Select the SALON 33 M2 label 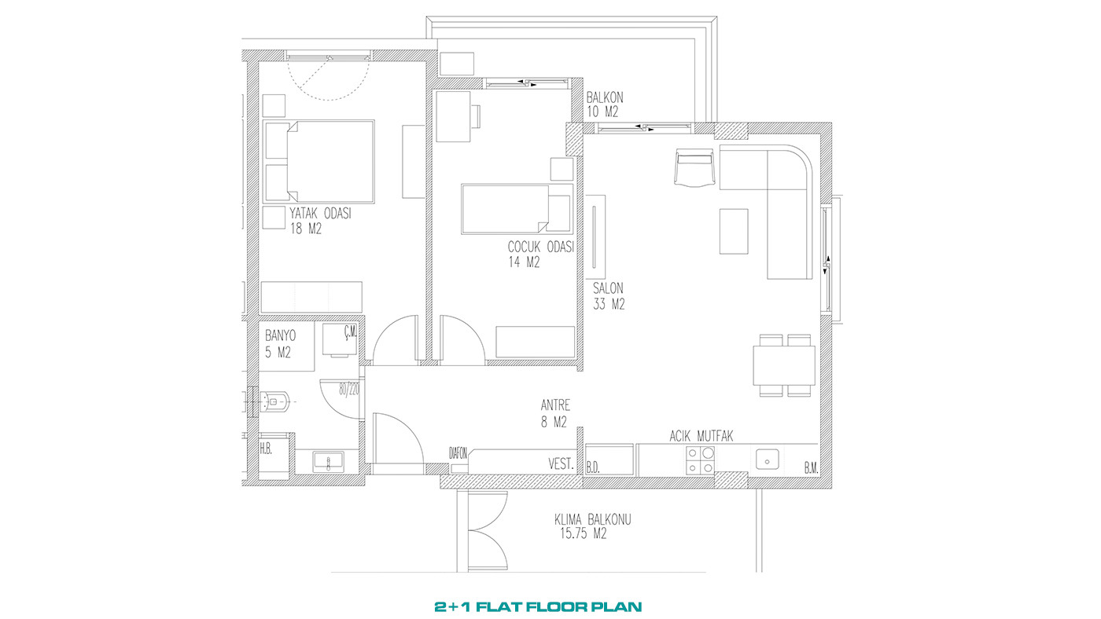click(x=609, y=296)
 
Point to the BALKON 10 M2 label click(x=605, y=104)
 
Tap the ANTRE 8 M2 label click(x=555, y=413)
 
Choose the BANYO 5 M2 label click(x=280, y=343)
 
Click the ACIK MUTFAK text click(x=701, y=436)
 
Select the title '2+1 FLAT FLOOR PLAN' click(x=538, y=606)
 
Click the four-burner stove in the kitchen click(x=700, y=460)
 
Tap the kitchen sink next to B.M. click(x=767, y=459)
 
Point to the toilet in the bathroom click(x=276, y=402)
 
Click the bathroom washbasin click(x=329, y=462)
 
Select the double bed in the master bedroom click(x=319, y=162)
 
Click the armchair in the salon click(x=694, y=167)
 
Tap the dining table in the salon click(x=784, y=366)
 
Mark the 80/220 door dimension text click(x=349, y=390)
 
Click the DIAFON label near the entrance click(x=458, y=453)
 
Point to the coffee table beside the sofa click(x=734, y=232)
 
